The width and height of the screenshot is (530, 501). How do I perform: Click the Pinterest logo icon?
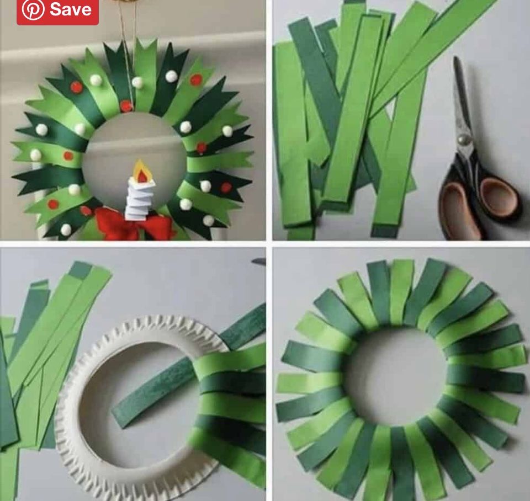[33, 9]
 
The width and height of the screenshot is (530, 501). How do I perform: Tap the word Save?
[71, 9]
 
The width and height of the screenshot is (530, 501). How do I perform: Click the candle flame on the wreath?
[142, 171]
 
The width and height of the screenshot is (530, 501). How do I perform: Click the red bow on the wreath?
[134, 225]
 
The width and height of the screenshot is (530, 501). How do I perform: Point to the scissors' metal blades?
[462, 102]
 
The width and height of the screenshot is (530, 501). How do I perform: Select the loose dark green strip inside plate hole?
[154, 392]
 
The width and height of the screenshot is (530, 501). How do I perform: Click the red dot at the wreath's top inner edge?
[126, 106]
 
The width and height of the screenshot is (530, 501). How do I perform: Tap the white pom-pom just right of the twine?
[137, 82]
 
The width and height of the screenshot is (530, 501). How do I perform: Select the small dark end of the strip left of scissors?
[385, 231]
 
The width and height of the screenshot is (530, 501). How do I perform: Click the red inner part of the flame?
[143, 175]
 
